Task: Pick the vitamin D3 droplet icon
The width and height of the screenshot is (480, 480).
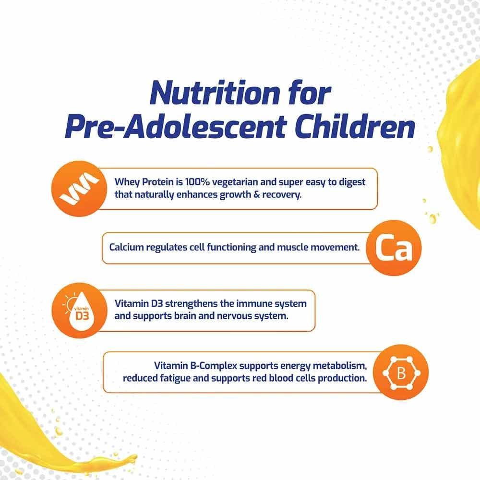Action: (x=78, y=310)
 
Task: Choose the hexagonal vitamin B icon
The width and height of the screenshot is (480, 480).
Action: (x=401, y=373)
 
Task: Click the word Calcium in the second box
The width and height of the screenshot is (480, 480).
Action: (x=126, y=248)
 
